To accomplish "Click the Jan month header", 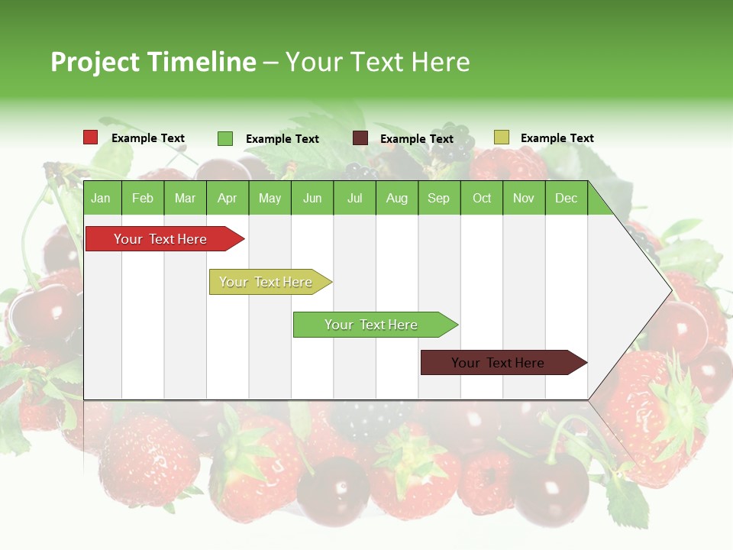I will pos(101,198).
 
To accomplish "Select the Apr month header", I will pos(227,198).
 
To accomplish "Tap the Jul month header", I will pos(354,198).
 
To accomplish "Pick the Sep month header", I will pos(438,198).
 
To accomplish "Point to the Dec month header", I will pos(566,198).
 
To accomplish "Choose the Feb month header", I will pos(143,198).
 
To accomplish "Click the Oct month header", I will pos(482,198).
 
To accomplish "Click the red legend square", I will pos(91,137).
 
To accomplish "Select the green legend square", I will pos(225,138).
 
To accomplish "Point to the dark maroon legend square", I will pos(360,138).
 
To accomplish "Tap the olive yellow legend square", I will pos(502,137).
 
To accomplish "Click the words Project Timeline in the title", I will pos(153,62).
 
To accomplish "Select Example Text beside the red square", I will pos(148,138).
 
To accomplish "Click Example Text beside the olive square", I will pos(557,138).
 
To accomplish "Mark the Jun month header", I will pos(312,198).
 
